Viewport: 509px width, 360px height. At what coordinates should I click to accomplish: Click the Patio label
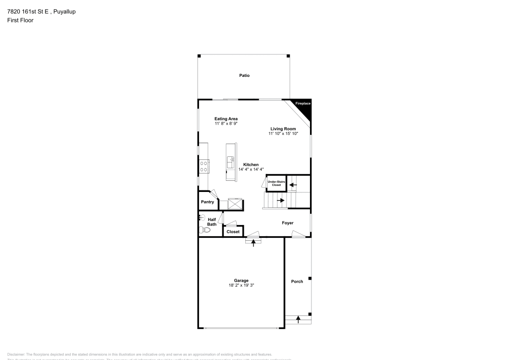(x=244, y=75)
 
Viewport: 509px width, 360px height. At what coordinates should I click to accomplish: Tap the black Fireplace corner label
(x=303, y=104)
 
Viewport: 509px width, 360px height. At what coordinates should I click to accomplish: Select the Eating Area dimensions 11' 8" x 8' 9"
(x=226, y=124)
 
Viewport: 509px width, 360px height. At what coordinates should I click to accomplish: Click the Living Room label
(x=283, y=129)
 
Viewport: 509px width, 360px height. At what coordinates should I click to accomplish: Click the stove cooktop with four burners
(x=204, y=166)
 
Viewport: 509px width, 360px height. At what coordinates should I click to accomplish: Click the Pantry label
(x=207, y=202)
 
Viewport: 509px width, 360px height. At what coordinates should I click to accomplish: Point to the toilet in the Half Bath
(x=206, y=230)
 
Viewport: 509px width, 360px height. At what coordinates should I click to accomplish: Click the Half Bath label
(x=212, y=222)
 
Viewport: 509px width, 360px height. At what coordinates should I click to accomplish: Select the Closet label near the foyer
(x=233, y=232)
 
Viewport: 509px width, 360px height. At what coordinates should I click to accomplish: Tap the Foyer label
(x=288, y=223)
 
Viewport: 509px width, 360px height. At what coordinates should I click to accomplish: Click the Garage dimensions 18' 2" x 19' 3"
(x=241, y=286)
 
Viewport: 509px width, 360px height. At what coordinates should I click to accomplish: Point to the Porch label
(x=297, y=282)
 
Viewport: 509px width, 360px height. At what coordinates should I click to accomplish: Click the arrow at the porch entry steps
(x=298, y=320)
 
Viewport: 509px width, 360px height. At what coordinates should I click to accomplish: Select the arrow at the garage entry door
(x=253, y=242)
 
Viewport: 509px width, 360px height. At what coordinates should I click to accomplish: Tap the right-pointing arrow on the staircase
(x=280, y=201)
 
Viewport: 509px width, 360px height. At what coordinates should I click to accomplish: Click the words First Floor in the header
(x=20, y=20)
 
